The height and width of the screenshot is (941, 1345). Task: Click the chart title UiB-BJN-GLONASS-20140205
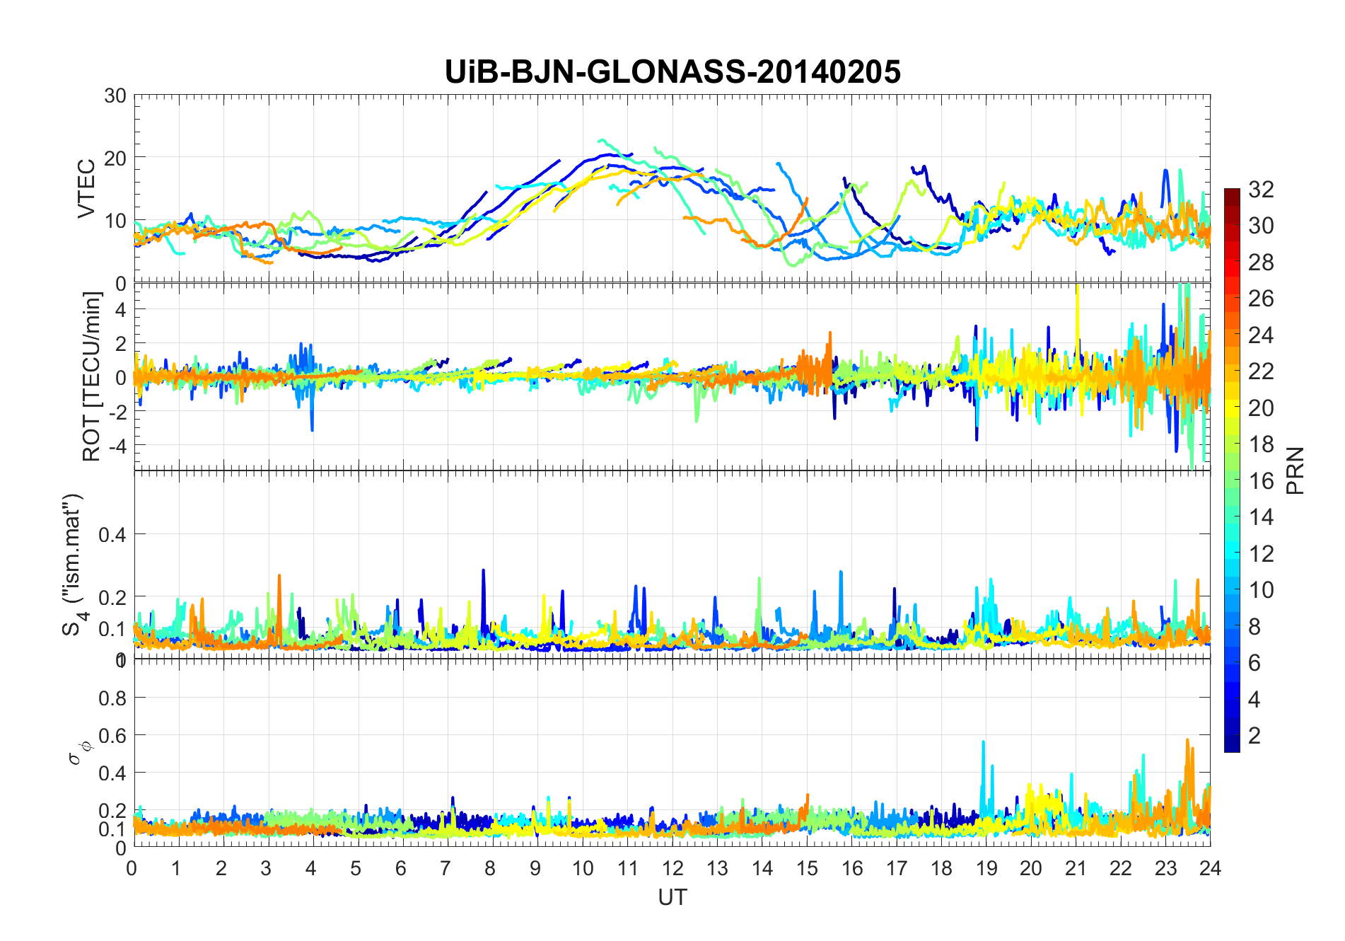[672, 72]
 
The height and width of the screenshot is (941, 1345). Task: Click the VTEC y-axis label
[86, 189]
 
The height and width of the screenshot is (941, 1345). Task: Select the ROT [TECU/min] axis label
[92, 376]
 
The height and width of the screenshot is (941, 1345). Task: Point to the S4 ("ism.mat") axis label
[74, 564]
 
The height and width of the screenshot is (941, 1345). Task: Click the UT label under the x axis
[672, 898]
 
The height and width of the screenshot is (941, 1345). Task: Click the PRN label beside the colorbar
[1295, 470]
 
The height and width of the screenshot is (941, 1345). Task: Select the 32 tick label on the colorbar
[1261, 190]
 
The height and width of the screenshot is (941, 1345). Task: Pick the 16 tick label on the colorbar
[1261, 481]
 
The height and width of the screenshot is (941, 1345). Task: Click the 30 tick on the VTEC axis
[115, 96]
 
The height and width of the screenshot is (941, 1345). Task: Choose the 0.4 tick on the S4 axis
[112, 535]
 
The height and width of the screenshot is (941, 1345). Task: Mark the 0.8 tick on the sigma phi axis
[112, 698]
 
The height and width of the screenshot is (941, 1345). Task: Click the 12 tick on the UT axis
[672, 869]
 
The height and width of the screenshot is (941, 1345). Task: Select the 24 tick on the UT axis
[1210, 869]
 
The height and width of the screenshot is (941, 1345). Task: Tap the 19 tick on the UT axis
[986, 869]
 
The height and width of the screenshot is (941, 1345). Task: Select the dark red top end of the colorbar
[1232, 193]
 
